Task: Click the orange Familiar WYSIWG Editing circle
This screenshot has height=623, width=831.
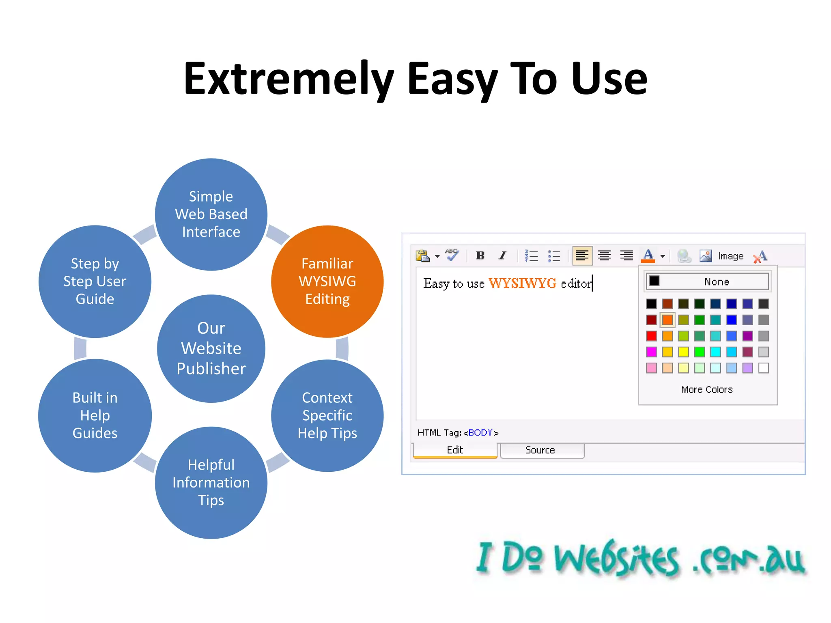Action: click(327, 281)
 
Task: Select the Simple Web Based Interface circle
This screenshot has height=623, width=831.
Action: click(211, 214)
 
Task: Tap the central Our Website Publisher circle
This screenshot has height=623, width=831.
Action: click(211, 348)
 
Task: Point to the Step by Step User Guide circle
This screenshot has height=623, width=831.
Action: click(95, 281)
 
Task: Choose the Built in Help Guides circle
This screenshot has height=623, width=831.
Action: click(95, 415)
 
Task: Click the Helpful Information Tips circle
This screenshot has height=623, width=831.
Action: click(211, 482)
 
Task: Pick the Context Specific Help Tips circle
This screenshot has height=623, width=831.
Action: click(327, 415)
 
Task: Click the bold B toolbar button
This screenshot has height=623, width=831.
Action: click(480, 256)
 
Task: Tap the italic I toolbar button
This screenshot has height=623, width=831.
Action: click(502, 256)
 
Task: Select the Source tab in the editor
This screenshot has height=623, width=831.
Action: click(540, 450)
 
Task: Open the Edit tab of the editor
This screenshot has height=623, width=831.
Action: click(455, 450)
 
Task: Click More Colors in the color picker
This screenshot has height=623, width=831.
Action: click(707, 389)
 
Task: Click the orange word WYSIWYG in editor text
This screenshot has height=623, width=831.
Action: click(522, 283)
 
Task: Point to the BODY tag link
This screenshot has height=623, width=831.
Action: click(480, 432)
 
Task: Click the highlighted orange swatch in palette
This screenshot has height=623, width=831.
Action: click(667, 320)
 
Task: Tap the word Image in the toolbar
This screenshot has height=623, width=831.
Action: click(730, 256)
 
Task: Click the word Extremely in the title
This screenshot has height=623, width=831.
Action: click(288, 79)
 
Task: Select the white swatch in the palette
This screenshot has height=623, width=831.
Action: click(763, 368)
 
